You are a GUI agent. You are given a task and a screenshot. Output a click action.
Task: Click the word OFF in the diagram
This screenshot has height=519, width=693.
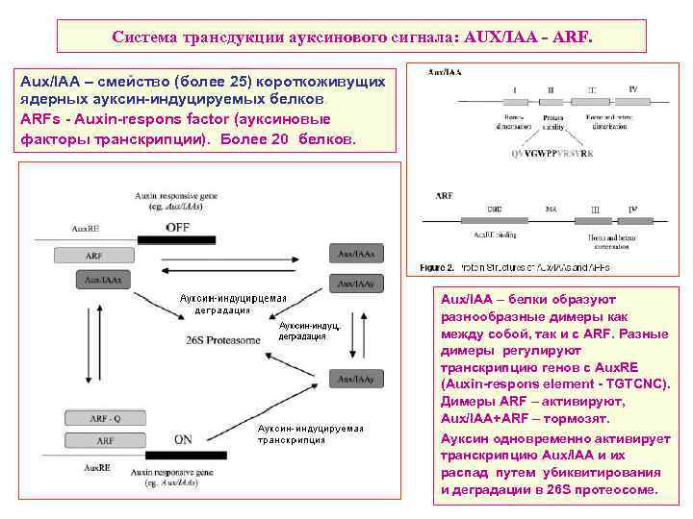(x=177, y=227)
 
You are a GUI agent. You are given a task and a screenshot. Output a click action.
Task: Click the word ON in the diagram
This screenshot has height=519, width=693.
(x=183, y=439)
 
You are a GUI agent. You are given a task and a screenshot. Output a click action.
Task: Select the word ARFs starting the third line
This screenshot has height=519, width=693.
(x=40, y=119)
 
